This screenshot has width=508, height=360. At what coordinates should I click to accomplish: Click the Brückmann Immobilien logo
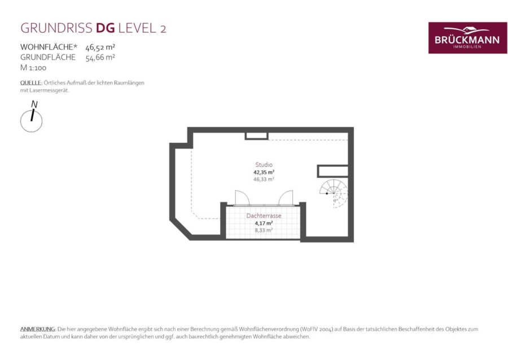click(467, 38)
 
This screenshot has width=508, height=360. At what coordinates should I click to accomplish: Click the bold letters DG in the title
click(106, 28)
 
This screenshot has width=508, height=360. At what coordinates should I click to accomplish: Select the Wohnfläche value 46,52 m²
click(100, 47)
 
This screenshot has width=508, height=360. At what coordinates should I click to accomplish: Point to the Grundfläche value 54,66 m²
click(100, 58)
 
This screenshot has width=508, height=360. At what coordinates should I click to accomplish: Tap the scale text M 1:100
click(33, 68)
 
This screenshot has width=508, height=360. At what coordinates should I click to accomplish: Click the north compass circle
click(31, 121)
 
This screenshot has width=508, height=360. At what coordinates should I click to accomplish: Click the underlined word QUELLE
click(31, 83)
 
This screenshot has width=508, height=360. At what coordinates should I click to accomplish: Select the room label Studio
click(264, 165)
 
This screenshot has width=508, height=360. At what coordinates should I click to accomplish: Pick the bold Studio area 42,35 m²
click(264, 172)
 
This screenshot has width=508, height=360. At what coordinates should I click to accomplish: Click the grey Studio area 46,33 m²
click(264, 179)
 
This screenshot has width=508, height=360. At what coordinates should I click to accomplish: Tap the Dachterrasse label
click(264, 216)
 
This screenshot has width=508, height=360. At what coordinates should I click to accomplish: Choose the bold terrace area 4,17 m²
click(264, 223)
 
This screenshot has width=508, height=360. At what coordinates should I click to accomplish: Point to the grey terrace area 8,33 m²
click(264, 230)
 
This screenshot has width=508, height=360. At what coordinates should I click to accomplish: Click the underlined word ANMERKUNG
click(38, 329)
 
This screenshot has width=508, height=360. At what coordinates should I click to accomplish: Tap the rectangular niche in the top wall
click(256, 136)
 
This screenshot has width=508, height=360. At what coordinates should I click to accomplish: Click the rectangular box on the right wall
click(332, 171)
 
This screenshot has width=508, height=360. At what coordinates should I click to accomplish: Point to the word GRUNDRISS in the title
click(56, 28)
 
